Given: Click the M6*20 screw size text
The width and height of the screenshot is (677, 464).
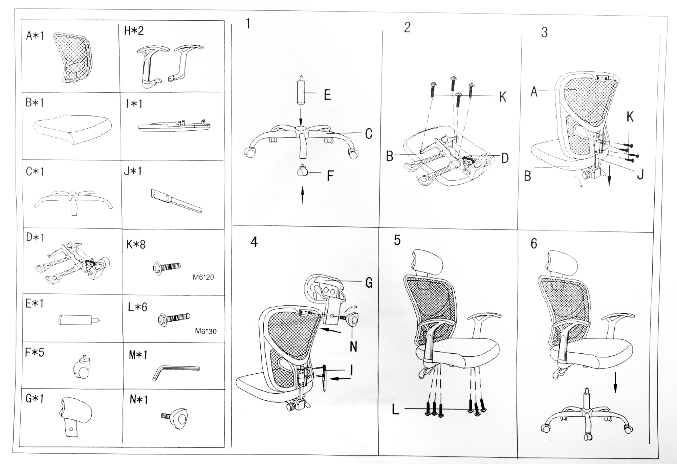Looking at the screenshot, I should [203, 277].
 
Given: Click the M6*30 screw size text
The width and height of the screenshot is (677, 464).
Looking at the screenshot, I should [205, 331].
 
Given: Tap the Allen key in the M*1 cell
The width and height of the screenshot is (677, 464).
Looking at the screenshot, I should [176, 371].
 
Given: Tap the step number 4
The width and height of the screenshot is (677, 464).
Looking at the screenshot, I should [254, 242].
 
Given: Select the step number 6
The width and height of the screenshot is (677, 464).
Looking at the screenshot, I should [534, 244].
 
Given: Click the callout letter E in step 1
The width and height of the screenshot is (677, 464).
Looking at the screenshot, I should [327, 95].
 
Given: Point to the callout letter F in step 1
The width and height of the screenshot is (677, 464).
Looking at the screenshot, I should [330, 176].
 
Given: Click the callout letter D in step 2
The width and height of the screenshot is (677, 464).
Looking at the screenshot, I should [505, 158].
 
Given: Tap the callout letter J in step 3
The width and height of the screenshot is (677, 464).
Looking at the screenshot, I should [640, 175].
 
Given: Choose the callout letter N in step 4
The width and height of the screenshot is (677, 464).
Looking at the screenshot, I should [353, 347].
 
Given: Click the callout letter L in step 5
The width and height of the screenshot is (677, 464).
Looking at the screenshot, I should [395, 410].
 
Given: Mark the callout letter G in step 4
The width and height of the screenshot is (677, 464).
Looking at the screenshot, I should [369, 283].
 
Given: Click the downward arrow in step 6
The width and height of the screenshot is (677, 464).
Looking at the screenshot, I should [615, 383].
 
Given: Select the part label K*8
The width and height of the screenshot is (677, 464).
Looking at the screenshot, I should [136, 244].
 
